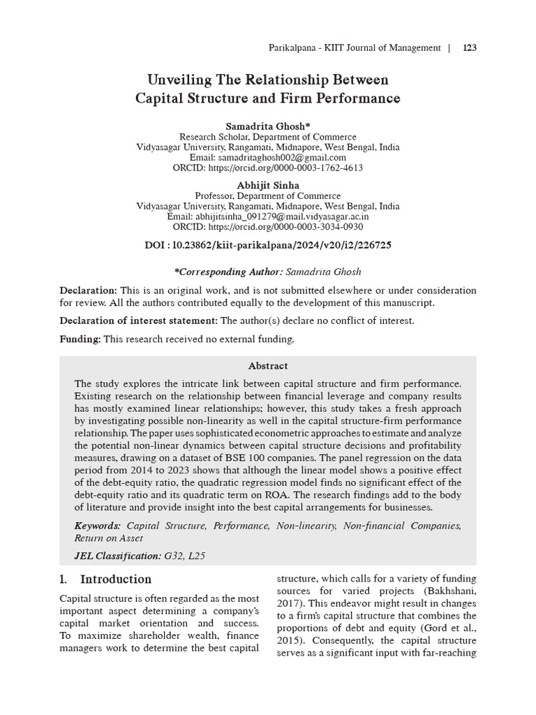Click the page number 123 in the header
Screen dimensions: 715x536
click(x=469, y=48)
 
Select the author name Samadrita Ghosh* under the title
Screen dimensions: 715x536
click(x=267, y=125)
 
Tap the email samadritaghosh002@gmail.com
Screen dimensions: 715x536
click(x=267, y=158)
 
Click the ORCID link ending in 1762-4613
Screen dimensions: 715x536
click(x=267, y=168)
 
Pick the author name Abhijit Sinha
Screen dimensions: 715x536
click(x=267, y=185)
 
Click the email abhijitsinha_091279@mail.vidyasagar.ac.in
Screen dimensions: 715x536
click(x=267, y=216)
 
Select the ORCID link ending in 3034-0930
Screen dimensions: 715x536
click(x=267, y=227)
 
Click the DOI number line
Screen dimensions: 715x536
click(x=267, y=246)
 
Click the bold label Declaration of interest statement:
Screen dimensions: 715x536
click(x=139, y=320)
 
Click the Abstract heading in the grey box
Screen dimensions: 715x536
click(x=267, y=366)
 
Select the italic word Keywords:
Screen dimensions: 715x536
click(x=97, y=525)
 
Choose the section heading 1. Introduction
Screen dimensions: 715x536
click(x=105, y=580)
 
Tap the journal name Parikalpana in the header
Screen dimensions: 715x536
click(x=292, y=48)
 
